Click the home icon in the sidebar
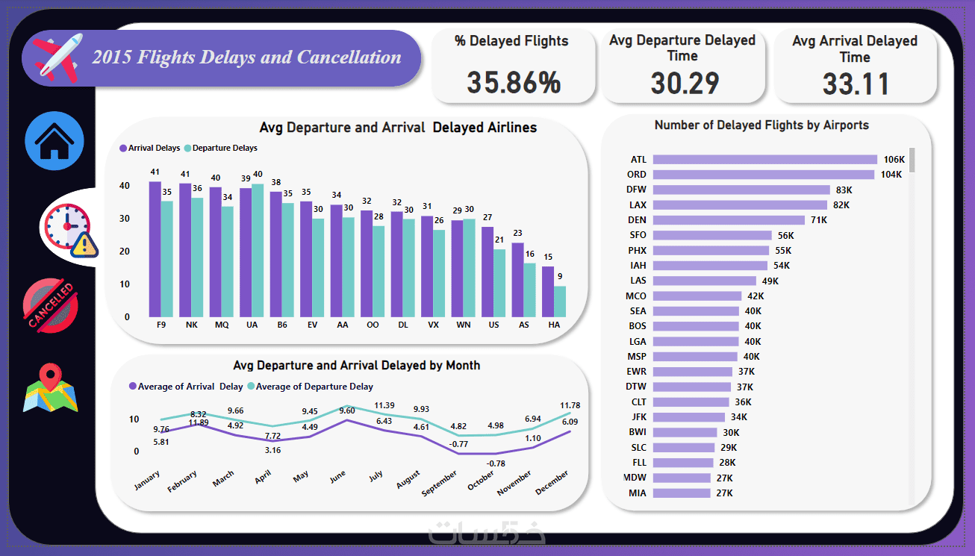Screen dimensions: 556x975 pos(54,141)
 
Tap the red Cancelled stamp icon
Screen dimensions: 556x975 pos(52,305)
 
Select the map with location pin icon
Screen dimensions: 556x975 pos(51,388)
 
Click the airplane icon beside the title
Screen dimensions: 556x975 pos(57,57)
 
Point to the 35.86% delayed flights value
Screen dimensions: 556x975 pos(514,82)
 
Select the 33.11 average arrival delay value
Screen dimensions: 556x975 pos(856,84)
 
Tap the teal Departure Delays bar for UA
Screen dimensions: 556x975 pos(258,250)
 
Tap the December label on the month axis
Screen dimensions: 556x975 pos(552,483)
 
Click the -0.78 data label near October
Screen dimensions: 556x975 pos(494,463)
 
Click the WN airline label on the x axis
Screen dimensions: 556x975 pos(464,326)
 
